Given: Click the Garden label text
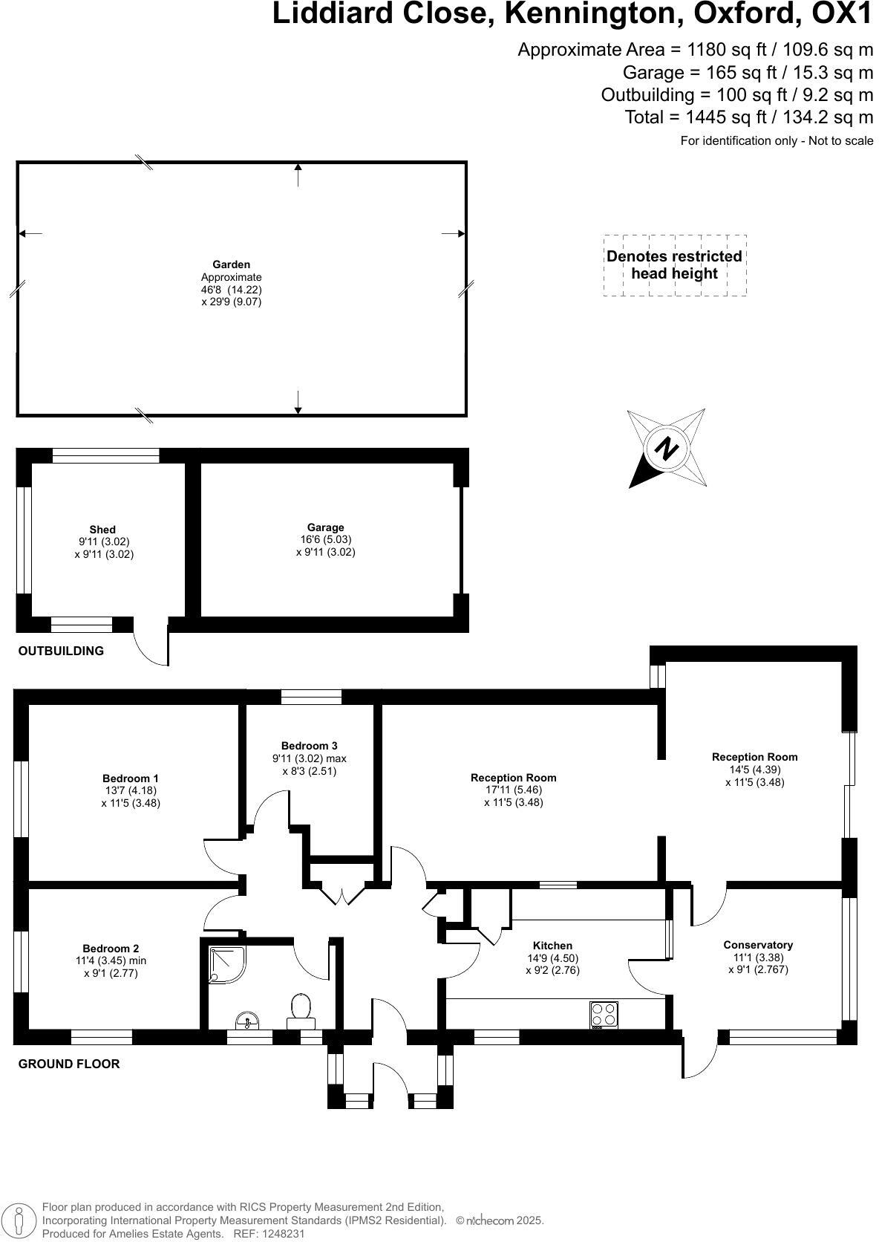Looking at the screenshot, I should pyautogui.click(x=231, y=264).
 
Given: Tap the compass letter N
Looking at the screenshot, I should pyautogui.click(x=667, y=449).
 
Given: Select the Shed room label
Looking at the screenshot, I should pyautogui.click(x=102, y=530).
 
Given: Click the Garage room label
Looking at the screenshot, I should pyautogui.click(x=325, y=527).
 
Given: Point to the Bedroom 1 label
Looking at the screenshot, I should pyautogui.click(x=131, y=778).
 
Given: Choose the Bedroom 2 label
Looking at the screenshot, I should pyautogui.click(x=111, y=949).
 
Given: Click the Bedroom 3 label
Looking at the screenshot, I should pyautogui.click(x=309, y=746).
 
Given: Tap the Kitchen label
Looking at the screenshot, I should pyautogui.click(x=552, y=946).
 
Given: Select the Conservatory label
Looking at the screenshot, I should pyautogui.click(x=758, y=945).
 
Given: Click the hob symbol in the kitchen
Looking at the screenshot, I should pyautogui.click(x=604, y=1015).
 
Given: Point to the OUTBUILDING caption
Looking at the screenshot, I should pyautogui.click(x=61, y=651).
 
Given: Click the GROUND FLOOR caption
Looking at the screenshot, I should pyautogui.click(x=69, y=1064).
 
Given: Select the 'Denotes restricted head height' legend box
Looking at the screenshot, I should pyautogui.click(x=674, y=265).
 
